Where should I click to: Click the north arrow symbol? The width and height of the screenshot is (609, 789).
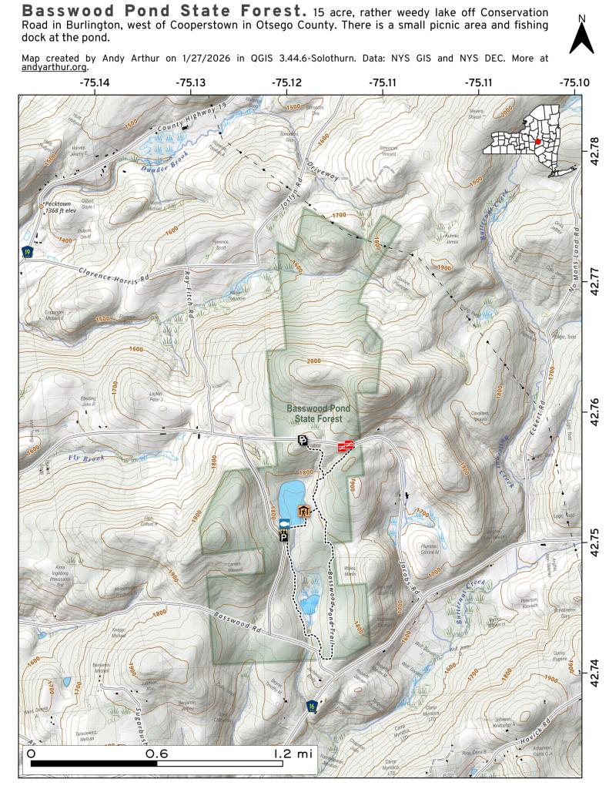581,37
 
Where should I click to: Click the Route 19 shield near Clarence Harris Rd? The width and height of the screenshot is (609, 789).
28,253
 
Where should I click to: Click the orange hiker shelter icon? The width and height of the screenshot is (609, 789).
303,510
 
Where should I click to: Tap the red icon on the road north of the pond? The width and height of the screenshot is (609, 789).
345,445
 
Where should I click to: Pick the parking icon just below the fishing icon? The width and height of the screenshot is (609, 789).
284,538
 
